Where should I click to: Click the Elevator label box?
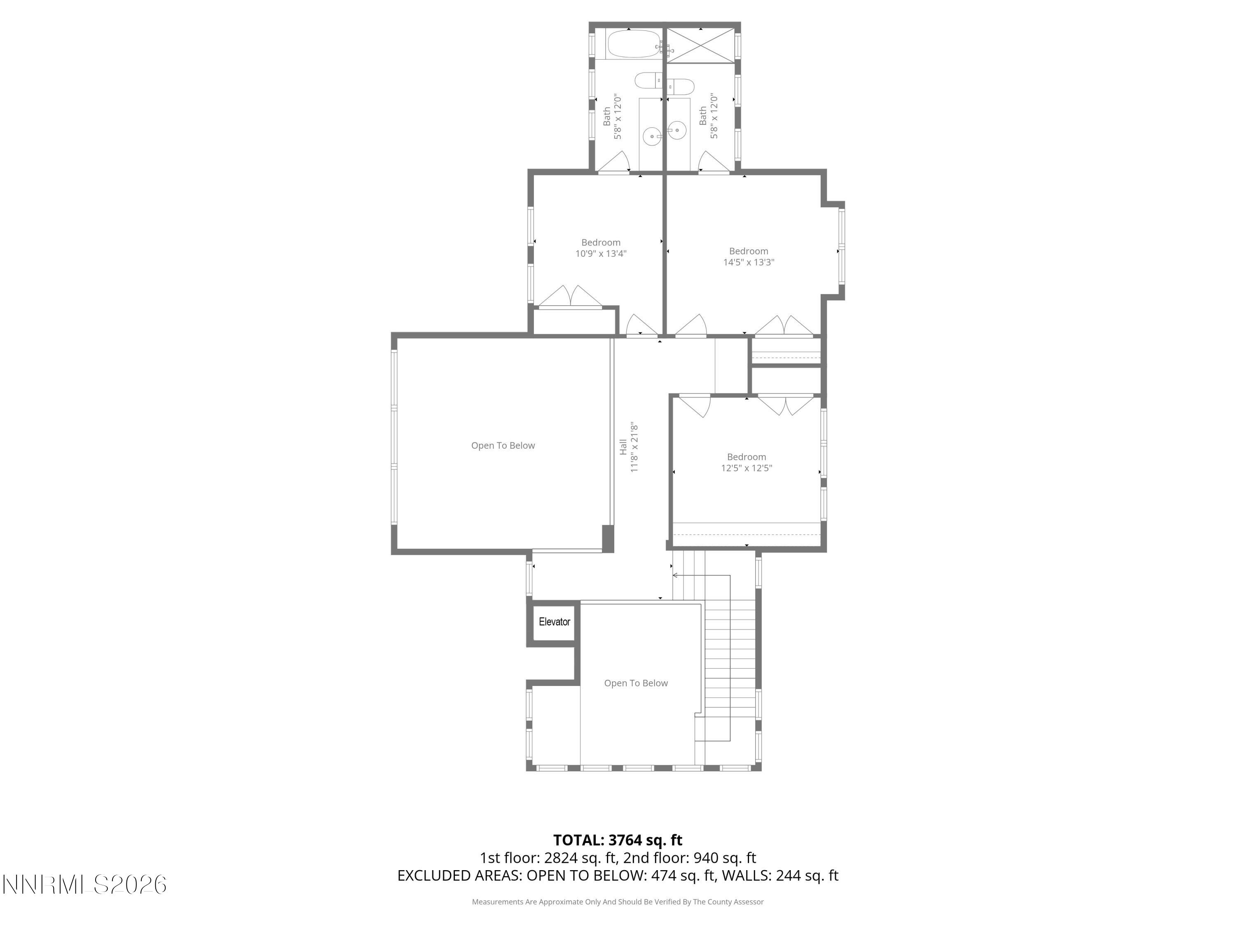[554, 622]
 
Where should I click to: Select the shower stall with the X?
[701, 45]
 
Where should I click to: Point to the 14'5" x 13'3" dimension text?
[748, 262]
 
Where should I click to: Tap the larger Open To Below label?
[503, 445]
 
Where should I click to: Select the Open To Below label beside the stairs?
[636, 683]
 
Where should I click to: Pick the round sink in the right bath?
[677, 130]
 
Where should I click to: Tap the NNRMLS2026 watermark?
[84, 885]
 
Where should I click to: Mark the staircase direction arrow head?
[675, 575]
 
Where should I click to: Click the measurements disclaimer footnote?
[618, 902]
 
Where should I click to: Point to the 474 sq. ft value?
[684, 875]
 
